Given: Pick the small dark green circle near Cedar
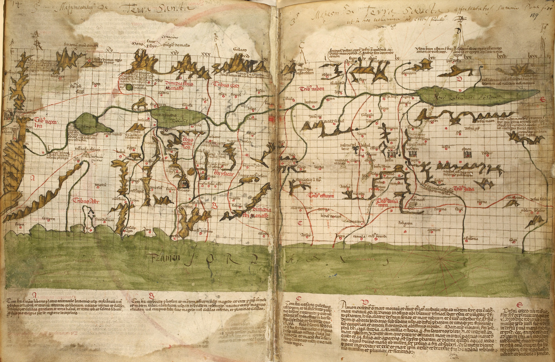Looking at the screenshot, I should click(129, 88).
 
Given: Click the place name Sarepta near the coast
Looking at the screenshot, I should click(48, 218).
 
